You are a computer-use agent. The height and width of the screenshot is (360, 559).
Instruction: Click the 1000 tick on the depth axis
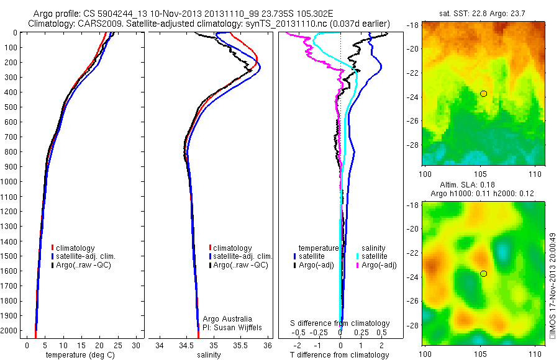click(12, 182)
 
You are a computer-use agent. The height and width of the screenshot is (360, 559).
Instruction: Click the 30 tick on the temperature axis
click(137, 345)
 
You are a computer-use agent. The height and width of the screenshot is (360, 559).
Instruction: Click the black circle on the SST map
click(483, 93)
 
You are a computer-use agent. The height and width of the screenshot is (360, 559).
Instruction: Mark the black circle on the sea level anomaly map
click(483, 273)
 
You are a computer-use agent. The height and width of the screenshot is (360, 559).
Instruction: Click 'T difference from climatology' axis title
click(340, 355)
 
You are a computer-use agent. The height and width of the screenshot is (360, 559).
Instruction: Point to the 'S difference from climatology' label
click(340, 323)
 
